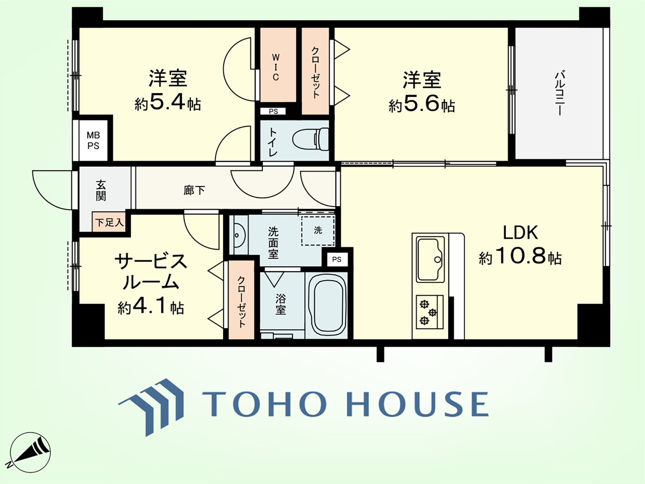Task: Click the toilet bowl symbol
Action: click(x=311, y=139)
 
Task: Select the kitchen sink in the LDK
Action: click(x=431, y=259)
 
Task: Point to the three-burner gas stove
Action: click(x=429, y=312)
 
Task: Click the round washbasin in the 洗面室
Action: click(x=240, y=235)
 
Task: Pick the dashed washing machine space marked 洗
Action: click(x=318, y=230)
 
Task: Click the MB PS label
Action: click(x=93, y=140)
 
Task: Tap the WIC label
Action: click(x=275, y=67)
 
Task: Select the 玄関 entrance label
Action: click(x=101, y=190)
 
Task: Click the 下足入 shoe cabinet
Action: click(x=109, y=222)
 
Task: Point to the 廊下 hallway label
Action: click(x=194, y=190)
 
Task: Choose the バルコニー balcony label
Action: click(x=559, y=93)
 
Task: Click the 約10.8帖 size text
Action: click(x=520, y=255)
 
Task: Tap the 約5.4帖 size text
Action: click(x=168, y=103)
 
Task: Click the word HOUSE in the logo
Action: click(x=417, y=404)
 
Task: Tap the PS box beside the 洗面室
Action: click(x=337, y=259)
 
